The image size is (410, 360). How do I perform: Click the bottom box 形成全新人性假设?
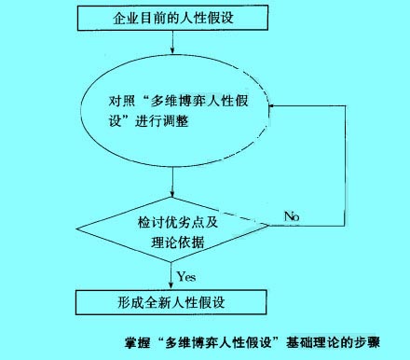tap(172, 302)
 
